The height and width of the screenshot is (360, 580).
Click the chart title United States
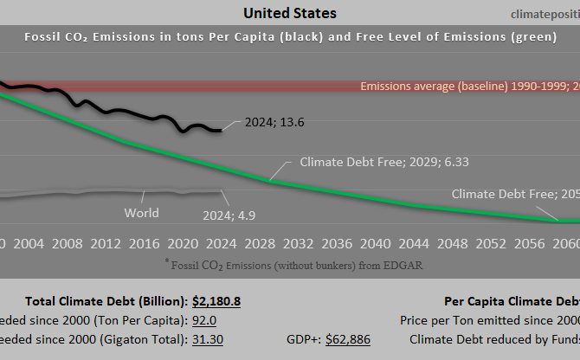290,13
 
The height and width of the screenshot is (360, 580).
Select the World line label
141,212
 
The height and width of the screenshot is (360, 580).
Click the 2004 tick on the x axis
29,244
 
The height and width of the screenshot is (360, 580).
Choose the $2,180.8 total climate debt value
216,301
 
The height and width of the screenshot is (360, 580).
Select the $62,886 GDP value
347,339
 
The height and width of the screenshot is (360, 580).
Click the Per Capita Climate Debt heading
511,301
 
